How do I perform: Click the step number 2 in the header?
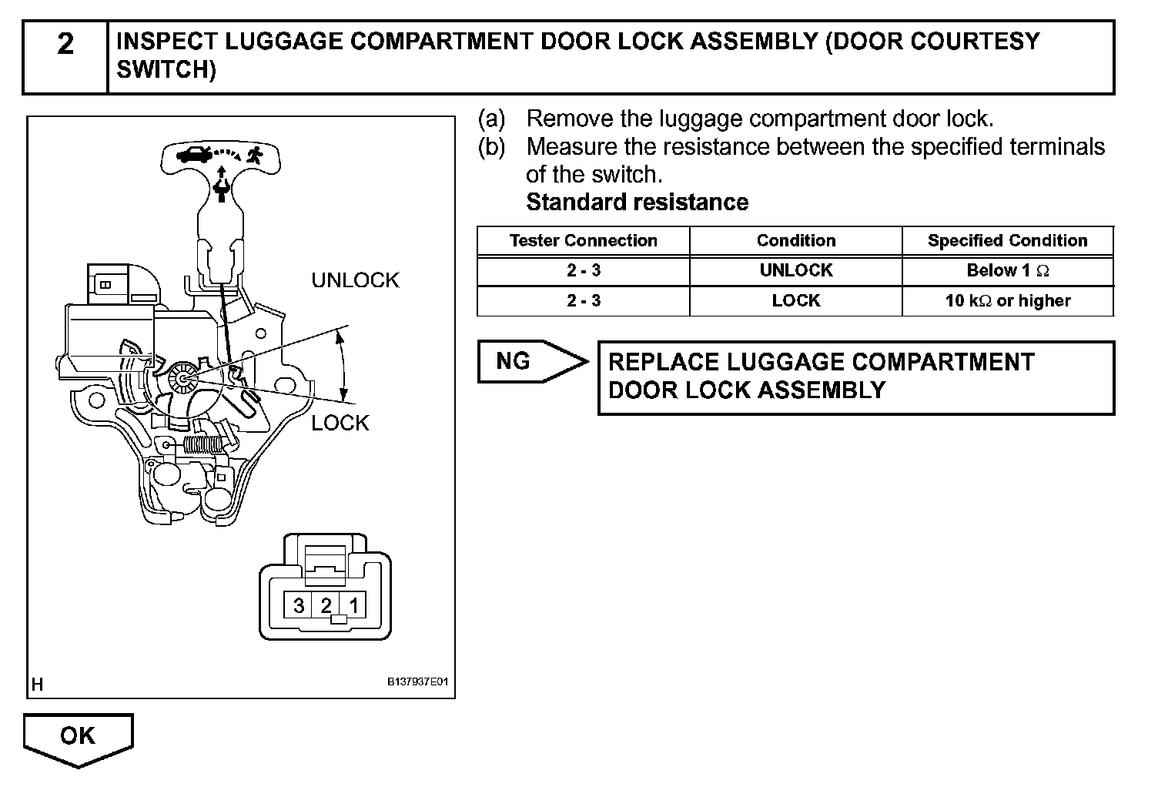[65, 45]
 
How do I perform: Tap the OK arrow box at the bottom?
[78, 736]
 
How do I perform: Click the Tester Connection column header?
[583, 240]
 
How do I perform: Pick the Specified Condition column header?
[1007, 240]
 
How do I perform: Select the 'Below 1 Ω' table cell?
[1007, 270]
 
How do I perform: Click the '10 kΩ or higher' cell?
[1007, 300]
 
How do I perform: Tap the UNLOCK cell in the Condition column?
[795, 270]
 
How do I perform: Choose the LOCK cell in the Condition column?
[795, 300]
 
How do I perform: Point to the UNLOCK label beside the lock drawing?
[355, 280]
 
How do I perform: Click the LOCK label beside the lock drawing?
[340, 423]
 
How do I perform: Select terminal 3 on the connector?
[299, 605]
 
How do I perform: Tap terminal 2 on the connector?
[326, 605]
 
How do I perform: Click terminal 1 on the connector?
[353, 605]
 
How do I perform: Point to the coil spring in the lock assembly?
[203, 444]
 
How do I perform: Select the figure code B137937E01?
[417, 682]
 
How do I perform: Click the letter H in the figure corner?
[37, 683]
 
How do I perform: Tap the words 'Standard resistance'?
[637, 203]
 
